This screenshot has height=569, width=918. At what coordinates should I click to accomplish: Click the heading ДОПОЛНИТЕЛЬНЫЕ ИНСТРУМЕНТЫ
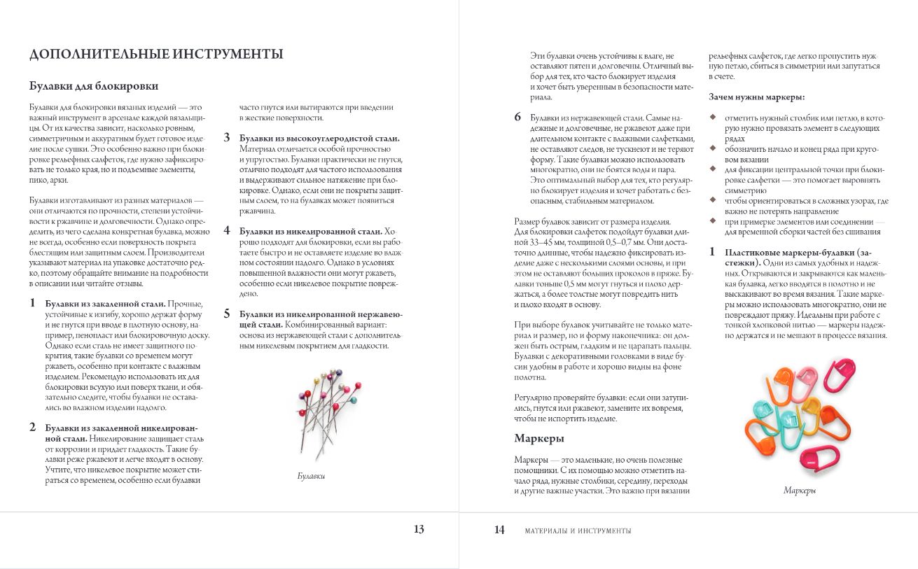[x=156, y=55]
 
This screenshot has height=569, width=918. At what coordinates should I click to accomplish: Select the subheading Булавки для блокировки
[x=93, y=86]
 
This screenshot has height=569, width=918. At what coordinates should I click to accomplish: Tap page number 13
[x=419, y=530]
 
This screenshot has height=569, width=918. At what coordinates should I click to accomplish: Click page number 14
[x=499, y=530]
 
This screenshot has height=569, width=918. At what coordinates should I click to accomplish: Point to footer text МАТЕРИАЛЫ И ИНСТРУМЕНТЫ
[x=578, y=531]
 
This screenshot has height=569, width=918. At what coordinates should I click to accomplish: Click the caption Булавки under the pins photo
[x=311, y=477]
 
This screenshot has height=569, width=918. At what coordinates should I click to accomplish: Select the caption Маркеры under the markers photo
[x=800, y=491]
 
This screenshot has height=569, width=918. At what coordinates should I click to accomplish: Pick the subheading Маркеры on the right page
[x=539, y=438]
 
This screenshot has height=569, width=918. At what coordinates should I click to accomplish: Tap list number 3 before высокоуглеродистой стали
[x=227, y=138]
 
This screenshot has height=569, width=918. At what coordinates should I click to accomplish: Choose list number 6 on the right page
[x=517, y=117]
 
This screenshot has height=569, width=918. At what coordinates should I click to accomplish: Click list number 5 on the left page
[x=227, y=314]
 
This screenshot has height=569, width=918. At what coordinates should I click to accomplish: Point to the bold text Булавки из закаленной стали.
[x=105, y=304]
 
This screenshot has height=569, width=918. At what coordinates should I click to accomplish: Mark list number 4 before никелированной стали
[x=227, y=230]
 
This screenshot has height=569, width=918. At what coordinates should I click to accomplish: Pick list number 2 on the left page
[x=32, y=426]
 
